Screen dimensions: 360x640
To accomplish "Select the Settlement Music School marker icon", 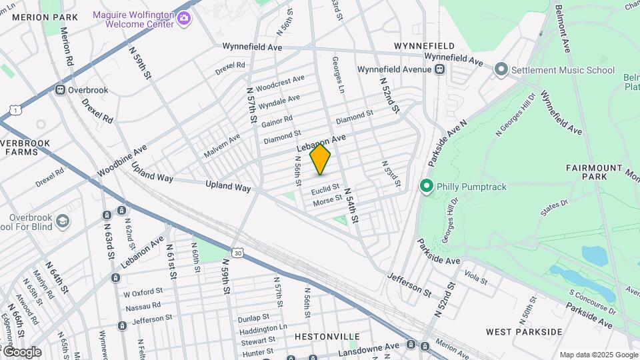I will tap(501, 70).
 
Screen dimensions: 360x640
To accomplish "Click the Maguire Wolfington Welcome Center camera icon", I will tap(184, 19).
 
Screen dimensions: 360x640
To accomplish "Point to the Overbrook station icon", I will tap(60, 90).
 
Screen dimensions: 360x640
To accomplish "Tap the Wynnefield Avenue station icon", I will tap(439, 69).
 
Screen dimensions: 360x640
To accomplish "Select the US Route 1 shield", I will tap(14, 109).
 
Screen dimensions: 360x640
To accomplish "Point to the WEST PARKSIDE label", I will tap(524, 331).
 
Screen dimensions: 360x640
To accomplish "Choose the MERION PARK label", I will tap(40, 17).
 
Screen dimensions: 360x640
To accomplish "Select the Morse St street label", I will tap(327, 199).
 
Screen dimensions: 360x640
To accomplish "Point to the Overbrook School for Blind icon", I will tap(62, 221).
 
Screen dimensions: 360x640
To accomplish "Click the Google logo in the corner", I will tap(21, 352).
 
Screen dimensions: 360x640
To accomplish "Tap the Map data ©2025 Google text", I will tap(598, 355).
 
